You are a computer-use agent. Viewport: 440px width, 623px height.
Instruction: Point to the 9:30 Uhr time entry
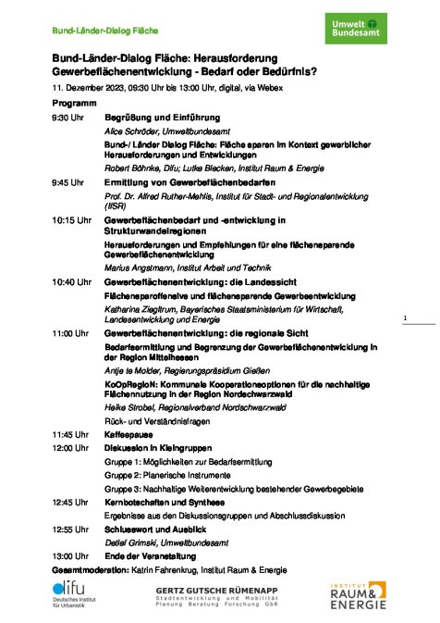point(67,118)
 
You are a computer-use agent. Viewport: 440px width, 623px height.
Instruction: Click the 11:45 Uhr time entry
point(70,433)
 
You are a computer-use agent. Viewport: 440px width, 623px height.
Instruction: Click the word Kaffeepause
point(128,433)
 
